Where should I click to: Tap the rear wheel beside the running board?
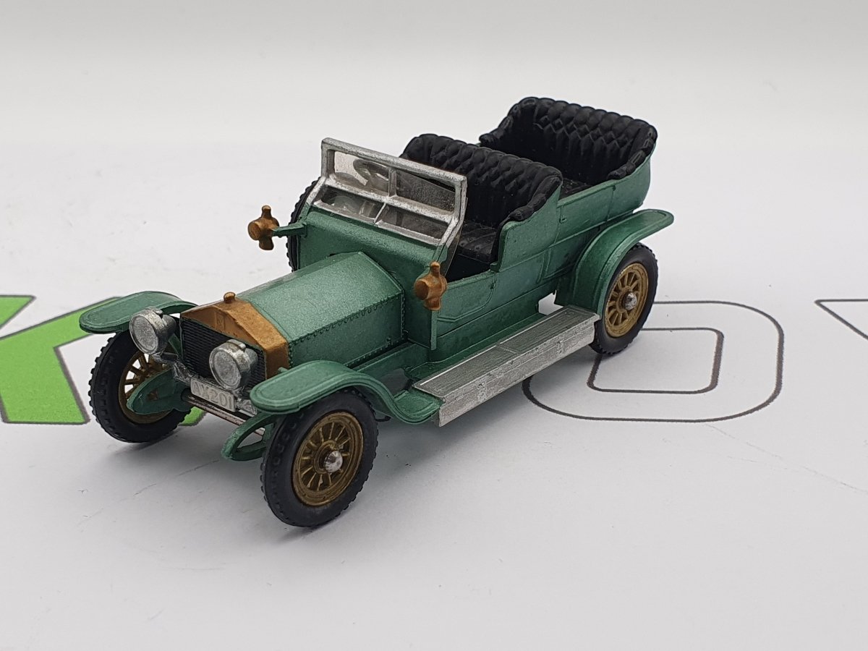coord(624,298)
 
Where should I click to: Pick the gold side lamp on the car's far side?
coord(263,226)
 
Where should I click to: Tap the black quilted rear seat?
coord(571,137)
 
